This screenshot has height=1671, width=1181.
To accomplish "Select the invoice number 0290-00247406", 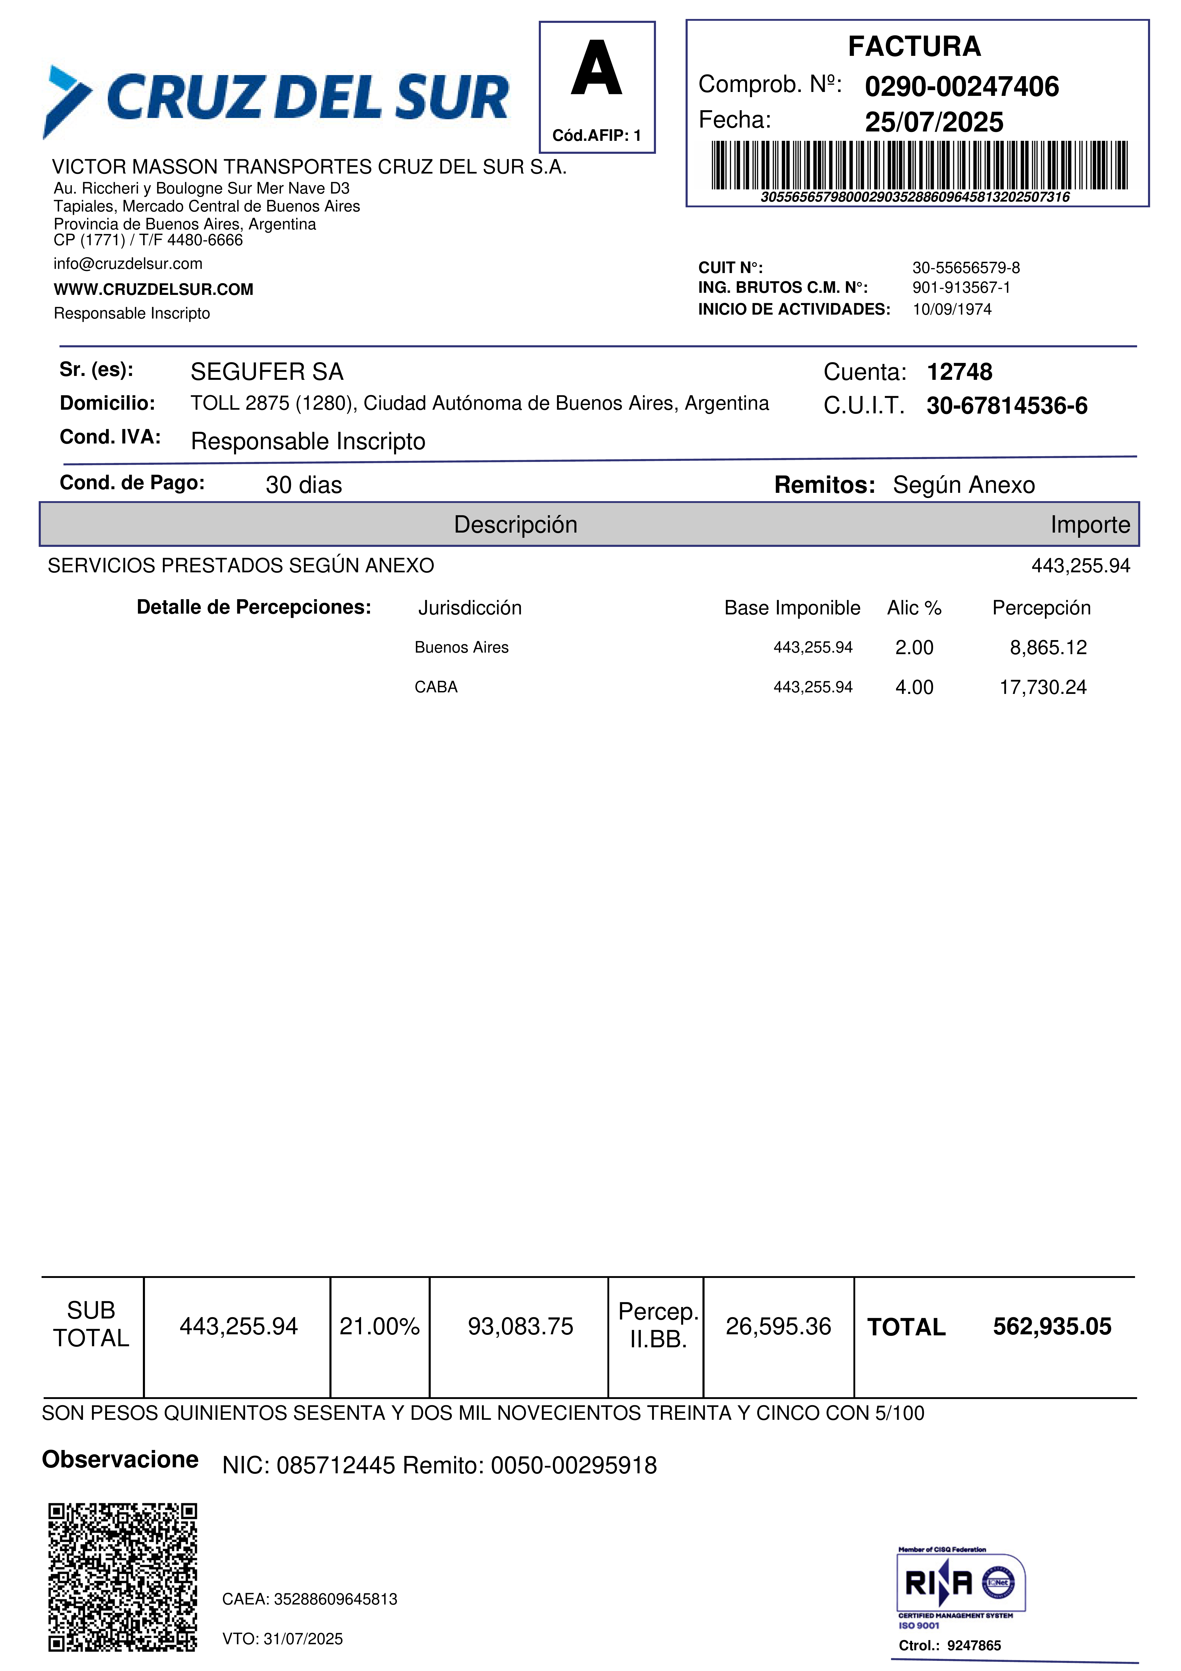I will pyautogui.click(x=961, y=87).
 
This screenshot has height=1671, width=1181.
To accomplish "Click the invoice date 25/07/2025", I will pyautogui.click(x=934, y=122).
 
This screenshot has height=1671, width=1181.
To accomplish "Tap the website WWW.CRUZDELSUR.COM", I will pyautogui.click(x=154, y=290).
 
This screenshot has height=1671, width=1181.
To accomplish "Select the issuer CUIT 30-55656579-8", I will pyautogui.click(x=966, y=268).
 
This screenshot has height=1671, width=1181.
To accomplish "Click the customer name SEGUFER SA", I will pyautogui.click(x=266, y=372).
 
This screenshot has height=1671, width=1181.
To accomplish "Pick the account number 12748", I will pyautogui.click(x=959, y=372).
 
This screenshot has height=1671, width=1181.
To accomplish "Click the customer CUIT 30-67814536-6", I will pyautogui.click(x=1006, y=406).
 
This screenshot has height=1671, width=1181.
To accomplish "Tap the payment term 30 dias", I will pyautogui.click(x=303, y=485).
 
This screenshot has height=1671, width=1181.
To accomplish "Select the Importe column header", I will pyautogui.click(x=1089, y=525).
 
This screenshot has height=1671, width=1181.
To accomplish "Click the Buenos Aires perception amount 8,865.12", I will pyautogui.click(x=1048, y=648).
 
